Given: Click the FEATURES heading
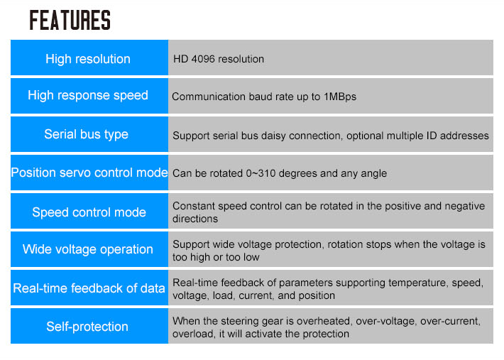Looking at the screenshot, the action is click(70, 20).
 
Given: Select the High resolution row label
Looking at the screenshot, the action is click(88, 59).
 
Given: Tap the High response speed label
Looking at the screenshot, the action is click(88, 95).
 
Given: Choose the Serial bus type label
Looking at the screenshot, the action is click(86, 134).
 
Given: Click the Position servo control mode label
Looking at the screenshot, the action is click(89, 173).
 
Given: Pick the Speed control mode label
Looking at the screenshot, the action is click(89, 212).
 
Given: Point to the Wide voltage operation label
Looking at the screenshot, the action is click(88, 249).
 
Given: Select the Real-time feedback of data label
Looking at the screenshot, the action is click(89, 288).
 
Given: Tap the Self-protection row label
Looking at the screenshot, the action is click(87, 327).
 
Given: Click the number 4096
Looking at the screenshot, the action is click(203, 59).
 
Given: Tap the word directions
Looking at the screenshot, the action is click(195, 219).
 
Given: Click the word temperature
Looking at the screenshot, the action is click(417, 283).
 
